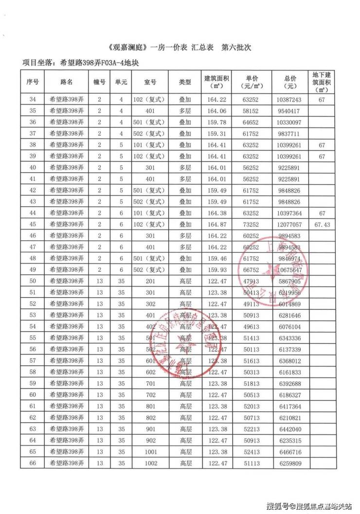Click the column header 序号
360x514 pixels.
[33, 82]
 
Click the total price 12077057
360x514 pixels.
[292, 225]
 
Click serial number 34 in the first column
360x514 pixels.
[33, 100]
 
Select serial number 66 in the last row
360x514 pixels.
[33, 463]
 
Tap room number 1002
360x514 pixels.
[150, 463]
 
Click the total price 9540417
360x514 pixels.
[292, 111]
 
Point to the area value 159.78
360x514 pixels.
[216, 122]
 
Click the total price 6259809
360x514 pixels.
[292, 463]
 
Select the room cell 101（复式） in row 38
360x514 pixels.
[150, 145]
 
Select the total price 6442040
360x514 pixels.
[292, 429]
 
